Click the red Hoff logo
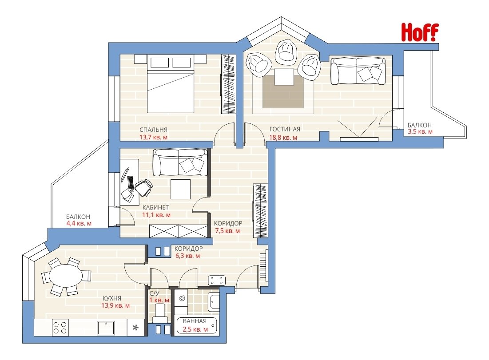point(419,32)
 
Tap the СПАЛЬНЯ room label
point(153,130)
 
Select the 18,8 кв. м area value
point(283,137)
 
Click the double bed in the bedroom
point(171,83)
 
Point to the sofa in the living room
point(358,71)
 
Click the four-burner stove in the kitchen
point(60,327)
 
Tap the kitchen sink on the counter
point(106,327)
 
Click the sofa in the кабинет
point(179,162)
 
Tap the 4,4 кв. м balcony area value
point(79,223)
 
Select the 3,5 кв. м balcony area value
point(420,131)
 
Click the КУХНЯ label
point(111,298)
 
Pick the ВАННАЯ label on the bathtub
point(195,321)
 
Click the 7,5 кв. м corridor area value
point(227,231)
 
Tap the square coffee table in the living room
point(284,77)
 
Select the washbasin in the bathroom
point(215,301)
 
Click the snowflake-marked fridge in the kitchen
point(135,328)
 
